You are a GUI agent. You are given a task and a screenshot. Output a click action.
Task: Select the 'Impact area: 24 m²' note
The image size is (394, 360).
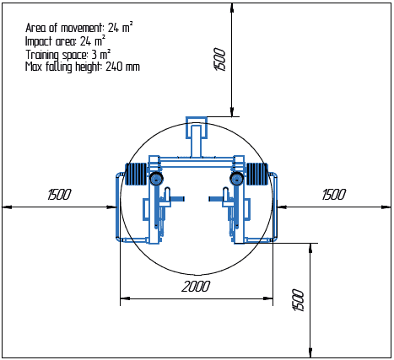click(65, 40)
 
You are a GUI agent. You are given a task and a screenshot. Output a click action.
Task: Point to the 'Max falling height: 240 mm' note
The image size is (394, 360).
click(82, 66)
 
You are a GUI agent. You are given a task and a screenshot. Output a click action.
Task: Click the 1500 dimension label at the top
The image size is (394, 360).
click(220, 60)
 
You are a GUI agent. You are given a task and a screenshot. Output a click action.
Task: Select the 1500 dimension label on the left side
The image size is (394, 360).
click(59, 195)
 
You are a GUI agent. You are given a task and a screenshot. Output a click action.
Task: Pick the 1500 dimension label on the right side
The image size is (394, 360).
click(334, 195)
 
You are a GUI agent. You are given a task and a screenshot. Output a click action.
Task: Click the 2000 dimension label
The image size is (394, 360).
click(195, 287)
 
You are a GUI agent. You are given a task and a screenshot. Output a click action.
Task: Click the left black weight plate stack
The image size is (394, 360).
click(136, 175)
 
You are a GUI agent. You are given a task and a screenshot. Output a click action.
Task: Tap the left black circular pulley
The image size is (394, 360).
click(155, 180)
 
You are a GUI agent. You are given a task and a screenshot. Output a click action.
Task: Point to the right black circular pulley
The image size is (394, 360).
click(237, 180)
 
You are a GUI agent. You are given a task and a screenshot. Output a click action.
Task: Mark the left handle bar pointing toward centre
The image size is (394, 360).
click(175, 199)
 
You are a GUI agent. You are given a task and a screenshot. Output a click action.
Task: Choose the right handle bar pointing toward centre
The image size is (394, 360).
click(216, 199)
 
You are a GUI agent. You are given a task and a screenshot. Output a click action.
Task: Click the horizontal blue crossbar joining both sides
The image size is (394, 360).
click(196, 159)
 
